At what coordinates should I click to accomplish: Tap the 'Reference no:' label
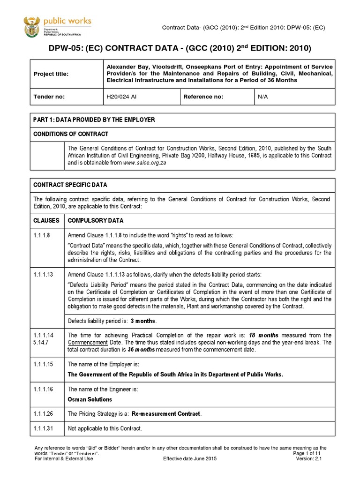point(203,97)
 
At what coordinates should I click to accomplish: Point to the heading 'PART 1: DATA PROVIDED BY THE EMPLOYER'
point(94,120)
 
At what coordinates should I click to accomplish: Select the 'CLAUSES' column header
point(46,220)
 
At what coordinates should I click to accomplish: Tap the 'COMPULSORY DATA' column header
point(96,220)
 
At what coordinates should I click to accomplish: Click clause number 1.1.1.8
point(42,235)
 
